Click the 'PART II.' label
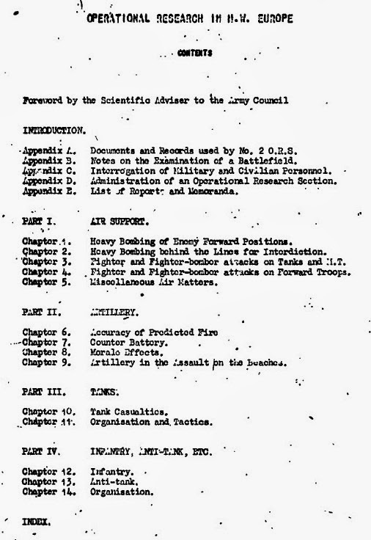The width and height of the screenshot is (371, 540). pyautogui.click(x=39, y=312)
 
